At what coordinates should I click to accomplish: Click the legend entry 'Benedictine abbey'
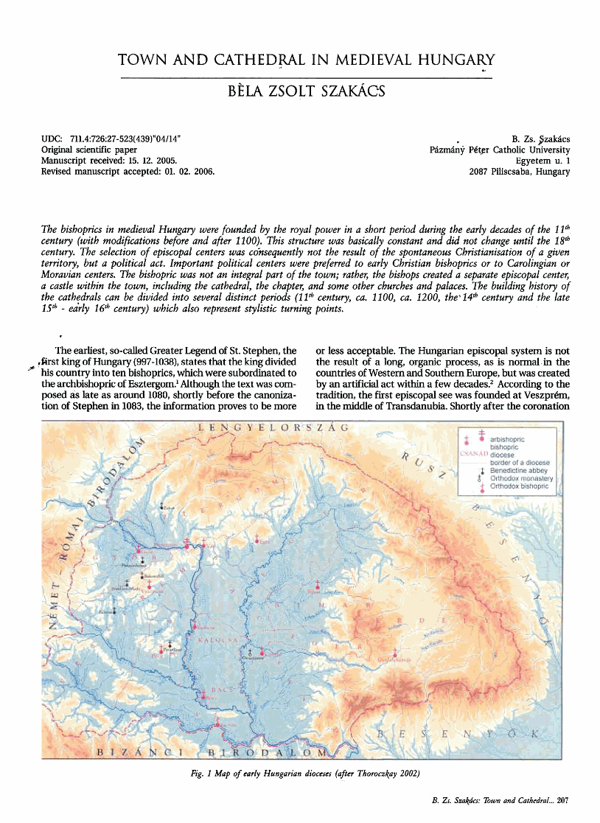(523, 470)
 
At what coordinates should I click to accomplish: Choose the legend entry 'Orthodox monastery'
(523, 478)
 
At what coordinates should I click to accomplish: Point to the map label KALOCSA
(219, 640)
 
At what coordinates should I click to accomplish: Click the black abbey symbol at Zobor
(163, 506)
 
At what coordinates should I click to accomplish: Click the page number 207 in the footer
(562, 799)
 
